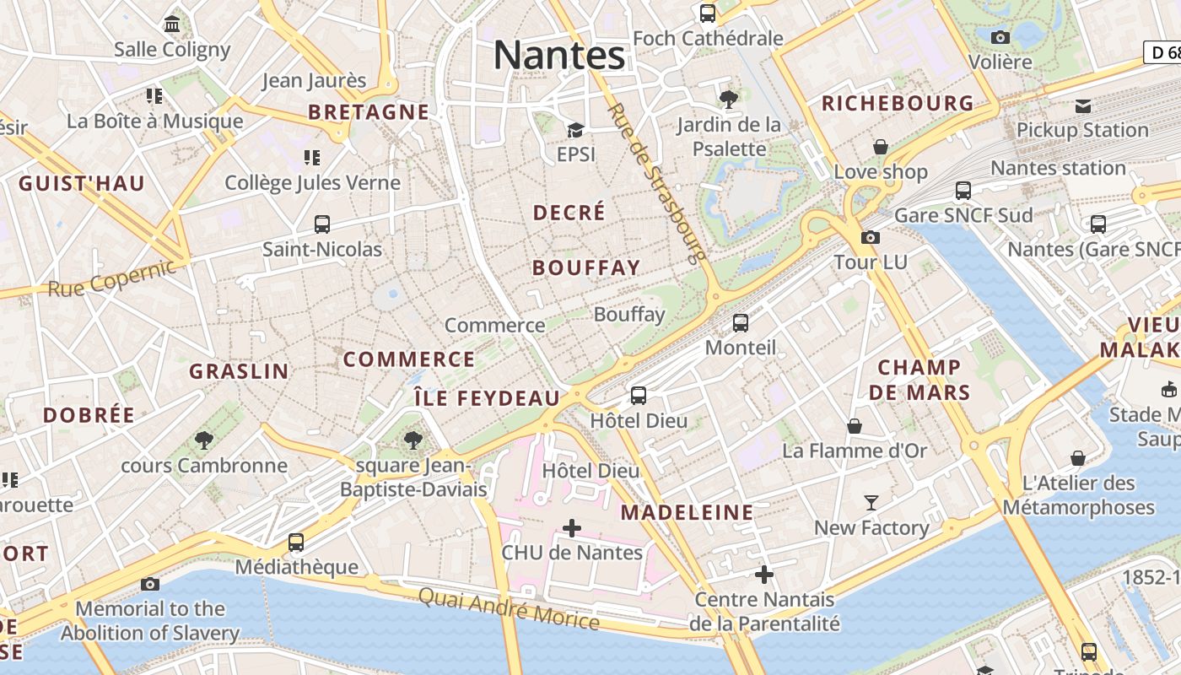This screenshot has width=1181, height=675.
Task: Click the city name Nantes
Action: (x=559, y=56)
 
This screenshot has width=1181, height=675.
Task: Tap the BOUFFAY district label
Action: (x=586, y=267)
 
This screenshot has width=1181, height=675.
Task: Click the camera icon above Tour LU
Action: (x=871, y=237)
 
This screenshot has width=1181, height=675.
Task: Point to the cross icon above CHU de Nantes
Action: (x=572, y=528)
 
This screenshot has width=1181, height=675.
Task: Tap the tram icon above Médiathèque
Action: (x=295, y=542)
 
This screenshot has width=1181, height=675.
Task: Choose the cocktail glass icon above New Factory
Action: (x=871, y=503)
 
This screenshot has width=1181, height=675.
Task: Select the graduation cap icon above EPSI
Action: (x=576, y=130)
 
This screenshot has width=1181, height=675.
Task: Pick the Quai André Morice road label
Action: (x=509, y=609)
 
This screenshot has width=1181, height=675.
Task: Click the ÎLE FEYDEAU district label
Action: (x=487, y=398)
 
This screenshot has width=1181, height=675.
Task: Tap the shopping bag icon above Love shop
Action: (x=881, y=147)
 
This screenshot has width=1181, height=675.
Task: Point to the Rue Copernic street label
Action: (x=112, y=278)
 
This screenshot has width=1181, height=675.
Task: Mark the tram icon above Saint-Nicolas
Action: (x=321, y=224)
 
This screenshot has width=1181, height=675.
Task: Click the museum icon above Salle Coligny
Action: (x=173, y=24)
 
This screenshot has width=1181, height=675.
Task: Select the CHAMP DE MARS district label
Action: (x=919, y=380)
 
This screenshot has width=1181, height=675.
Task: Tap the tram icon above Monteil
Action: (x=740, y=322)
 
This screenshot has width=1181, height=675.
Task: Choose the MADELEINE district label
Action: (x=688, y=512)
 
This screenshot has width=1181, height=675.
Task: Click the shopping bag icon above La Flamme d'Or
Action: (x=855, y=426)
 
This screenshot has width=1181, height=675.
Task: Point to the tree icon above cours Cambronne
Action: (x=203, y=440)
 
